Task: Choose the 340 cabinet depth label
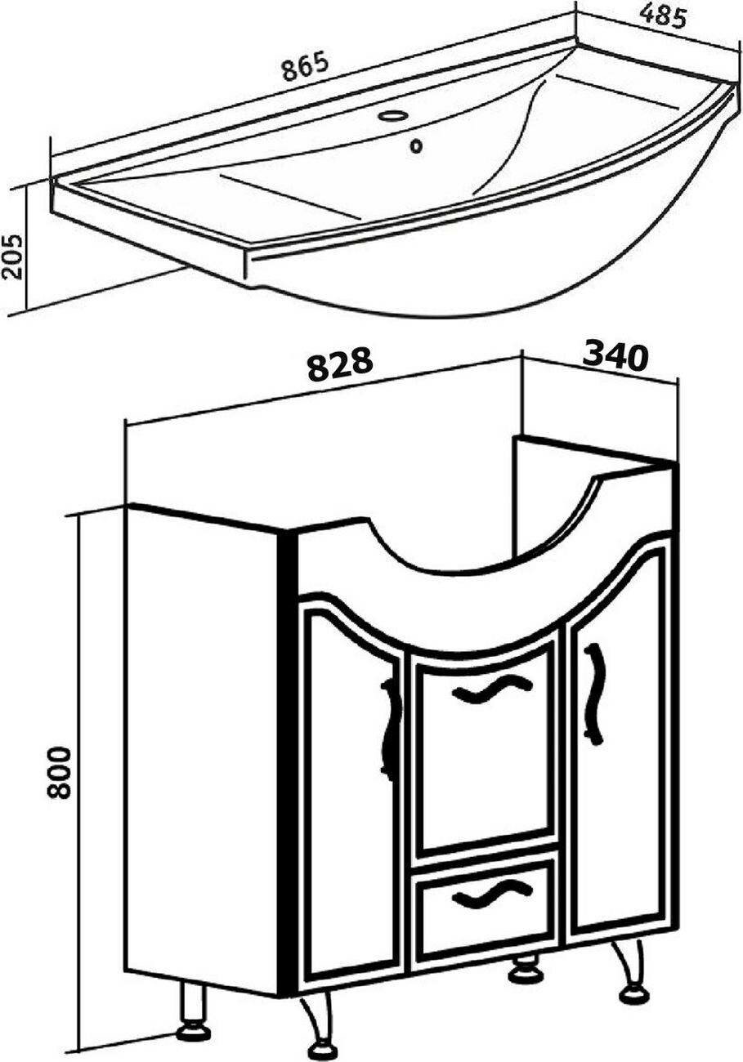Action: tap(615, 355)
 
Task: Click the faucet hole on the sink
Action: tap(394, 116)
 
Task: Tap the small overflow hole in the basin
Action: tap(418, 147)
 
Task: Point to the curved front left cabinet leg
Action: tap(317, 1022)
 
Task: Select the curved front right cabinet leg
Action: tap(629, 972)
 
